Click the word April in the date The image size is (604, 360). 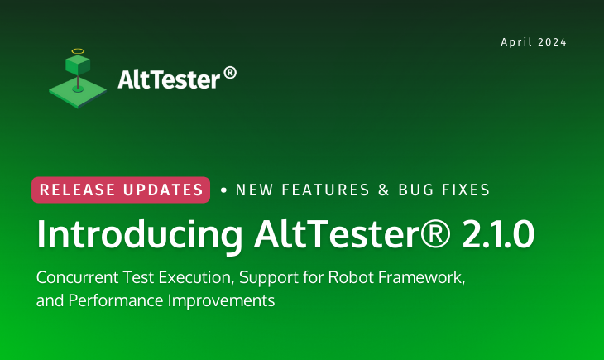pos(516,42)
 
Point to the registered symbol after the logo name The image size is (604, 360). pos(230,74)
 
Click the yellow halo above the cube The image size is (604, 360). pos(78,51)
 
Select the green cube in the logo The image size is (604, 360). pos(78,65)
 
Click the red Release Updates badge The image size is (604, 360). pos(121,190)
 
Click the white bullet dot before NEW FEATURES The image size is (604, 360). pos(223,190)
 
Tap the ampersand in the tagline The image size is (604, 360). pos(382,190)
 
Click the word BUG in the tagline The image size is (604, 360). pos(416,190)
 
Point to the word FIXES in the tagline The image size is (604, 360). pos(465,190)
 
